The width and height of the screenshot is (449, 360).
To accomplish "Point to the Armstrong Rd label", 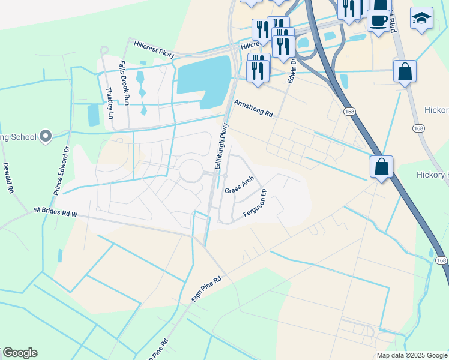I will coord(253,109).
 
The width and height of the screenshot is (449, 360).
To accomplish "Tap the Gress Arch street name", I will coord(240,185).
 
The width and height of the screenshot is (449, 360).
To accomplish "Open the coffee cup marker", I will coord(378,20).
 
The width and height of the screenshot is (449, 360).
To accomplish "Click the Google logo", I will coord(20,353).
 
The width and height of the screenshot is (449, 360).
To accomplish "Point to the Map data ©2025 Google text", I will coord(411,355).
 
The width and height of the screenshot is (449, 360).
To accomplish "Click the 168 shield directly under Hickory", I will coord(418,128).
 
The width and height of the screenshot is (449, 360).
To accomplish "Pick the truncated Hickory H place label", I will coord(432,175).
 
